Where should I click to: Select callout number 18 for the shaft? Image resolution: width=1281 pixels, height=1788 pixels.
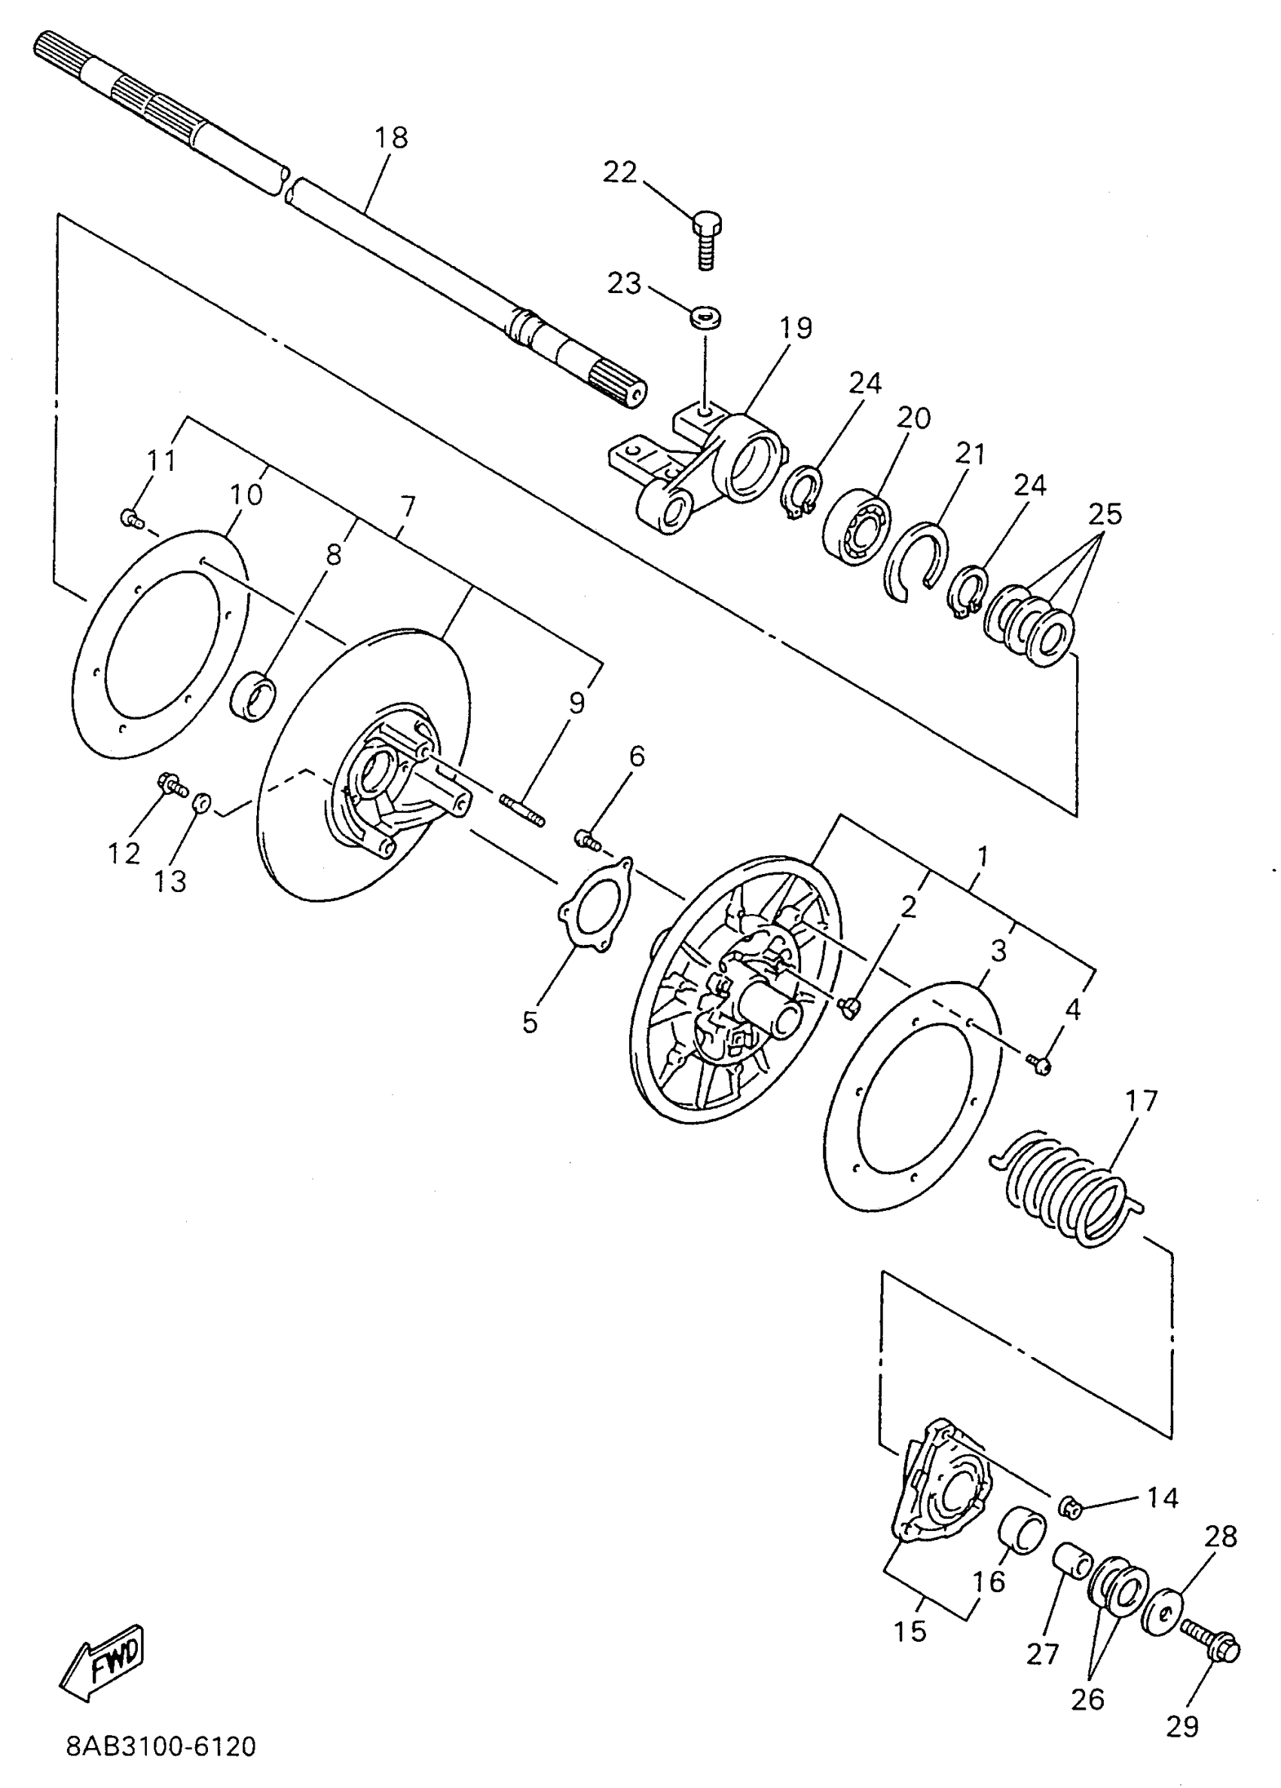pos(391,137)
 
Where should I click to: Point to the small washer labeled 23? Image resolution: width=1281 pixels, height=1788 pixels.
pos(706,316)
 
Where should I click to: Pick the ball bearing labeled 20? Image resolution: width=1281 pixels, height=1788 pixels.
pos(856,527)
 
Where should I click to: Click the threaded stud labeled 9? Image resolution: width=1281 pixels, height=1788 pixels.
pos(522,811)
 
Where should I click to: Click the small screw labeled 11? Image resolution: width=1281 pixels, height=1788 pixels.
pos(131,518)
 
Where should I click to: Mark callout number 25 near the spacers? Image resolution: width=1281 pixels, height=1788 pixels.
pos(1105,514)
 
